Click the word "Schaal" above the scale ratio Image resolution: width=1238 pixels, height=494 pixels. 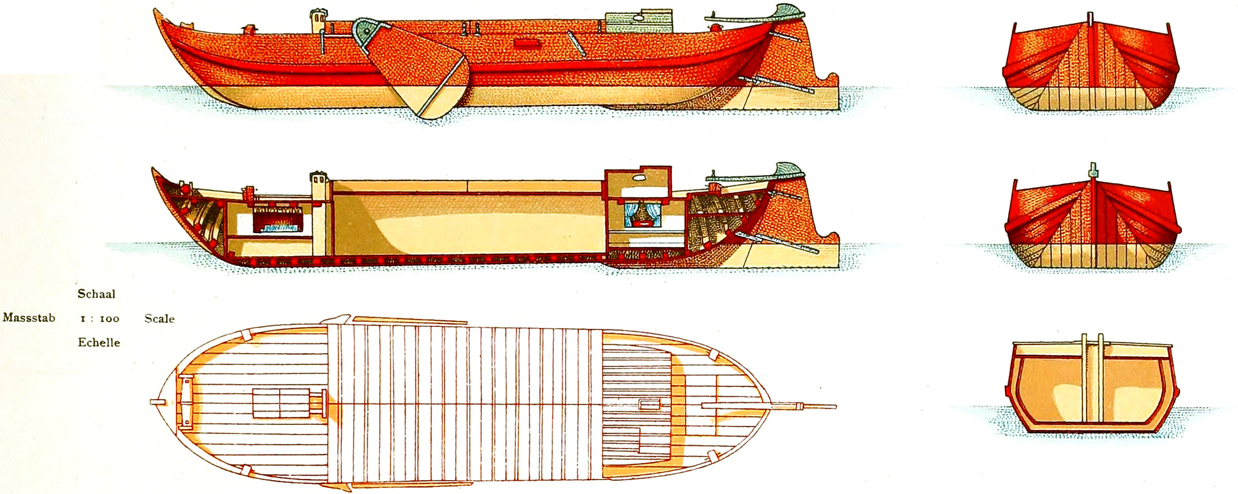[x=96, y=294]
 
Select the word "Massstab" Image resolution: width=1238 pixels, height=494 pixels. [x=29, y=317]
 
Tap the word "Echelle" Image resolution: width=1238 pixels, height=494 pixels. [x=99, y=343]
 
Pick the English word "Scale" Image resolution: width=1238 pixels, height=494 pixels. [x=159, y=318]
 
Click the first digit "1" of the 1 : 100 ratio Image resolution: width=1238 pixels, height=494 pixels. [x=83, y=319]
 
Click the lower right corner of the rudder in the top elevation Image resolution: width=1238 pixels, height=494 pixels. [x=838, y=109]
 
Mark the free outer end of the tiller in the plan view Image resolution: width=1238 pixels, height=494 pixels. [x=835, y=406]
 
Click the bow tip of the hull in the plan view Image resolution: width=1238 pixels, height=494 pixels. [x=152, y=402]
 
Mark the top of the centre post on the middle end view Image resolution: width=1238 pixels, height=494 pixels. [x=1093, y=164]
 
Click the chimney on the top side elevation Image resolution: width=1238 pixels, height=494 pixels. [x=318, y=20]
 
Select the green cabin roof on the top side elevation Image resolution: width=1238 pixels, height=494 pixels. [x=638, y=20]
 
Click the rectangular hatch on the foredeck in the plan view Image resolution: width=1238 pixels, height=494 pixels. [x=281, y=403]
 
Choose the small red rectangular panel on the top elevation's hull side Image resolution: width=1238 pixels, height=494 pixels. [x=524, y=43]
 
